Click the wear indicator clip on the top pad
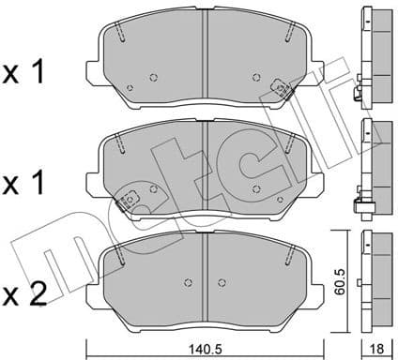coord(278,91)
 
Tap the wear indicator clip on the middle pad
coord(128,199)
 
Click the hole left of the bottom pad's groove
coord(189,282)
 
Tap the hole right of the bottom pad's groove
coord(223,282)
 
